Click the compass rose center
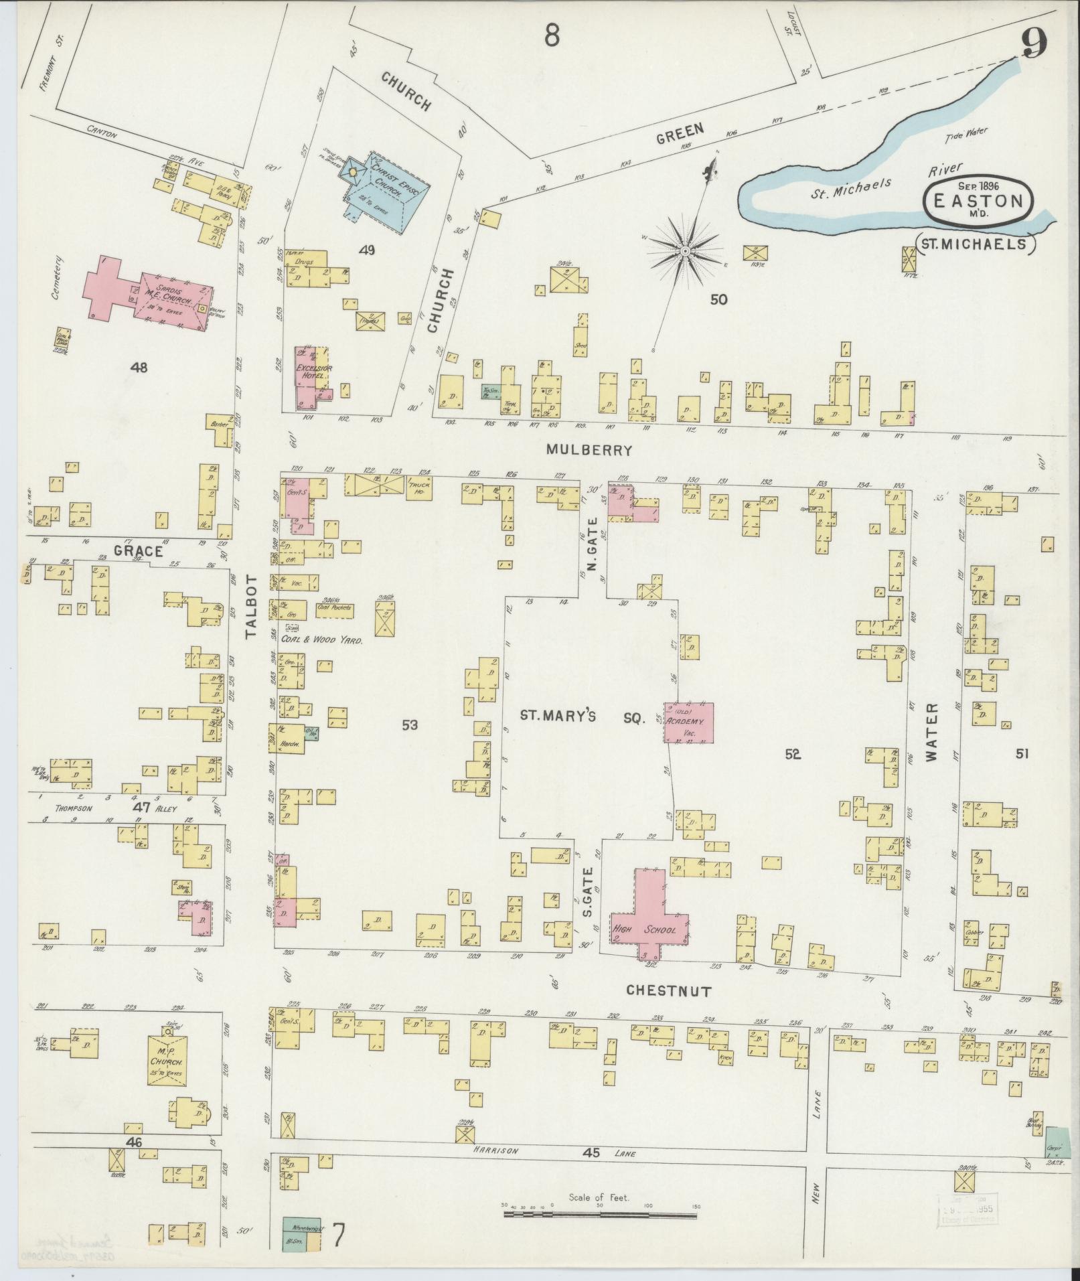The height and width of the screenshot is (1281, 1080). [686, 250]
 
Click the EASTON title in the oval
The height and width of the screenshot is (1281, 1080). [978, 201]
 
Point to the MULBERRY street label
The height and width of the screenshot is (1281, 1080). [589, 451]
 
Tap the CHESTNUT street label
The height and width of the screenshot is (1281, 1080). [668, 991]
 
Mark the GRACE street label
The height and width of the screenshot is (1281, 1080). [138, 550]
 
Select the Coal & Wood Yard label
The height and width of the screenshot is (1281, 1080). [321, 640]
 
